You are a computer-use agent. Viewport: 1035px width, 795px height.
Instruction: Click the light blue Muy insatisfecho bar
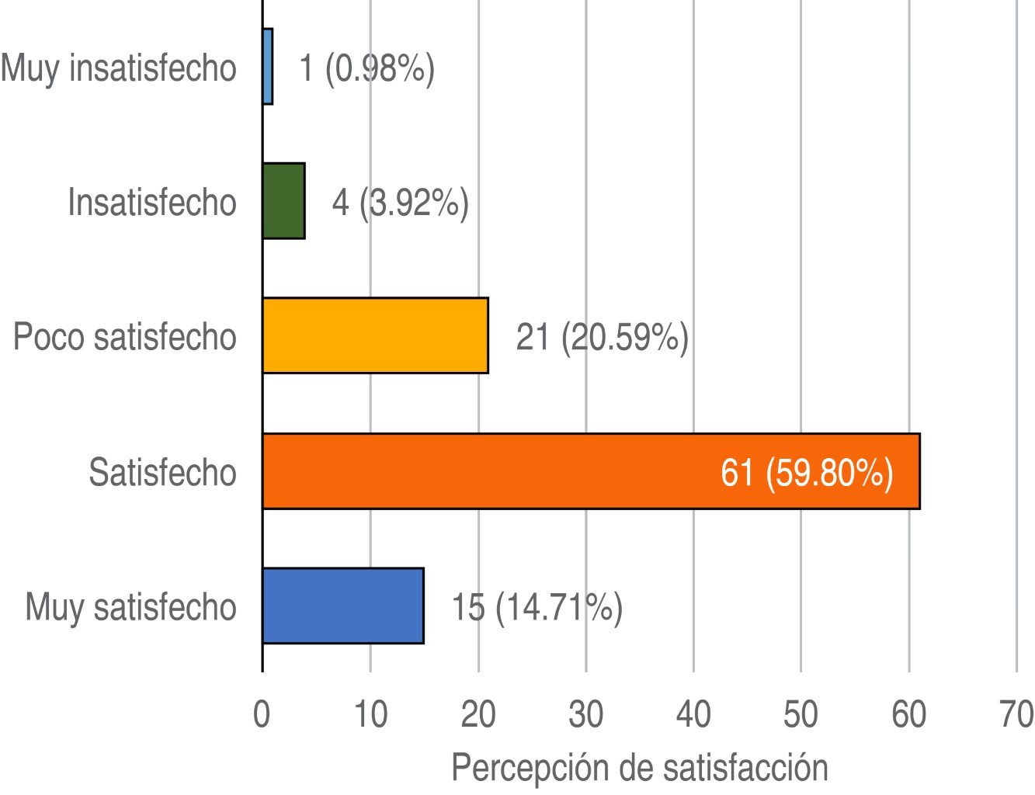click(x=268, y=67)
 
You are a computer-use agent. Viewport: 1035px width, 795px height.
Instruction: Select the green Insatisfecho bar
click(x=283, y=201)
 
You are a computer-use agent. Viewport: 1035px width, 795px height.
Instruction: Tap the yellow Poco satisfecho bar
click(x=375, y=335)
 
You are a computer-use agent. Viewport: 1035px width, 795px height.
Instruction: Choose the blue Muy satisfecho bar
click(x=342, y=606)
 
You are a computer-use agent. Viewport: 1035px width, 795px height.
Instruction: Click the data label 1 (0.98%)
click(x=366, y=68)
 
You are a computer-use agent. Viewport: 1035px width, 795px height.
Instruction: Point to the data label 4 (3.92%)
click(x=400, y=203)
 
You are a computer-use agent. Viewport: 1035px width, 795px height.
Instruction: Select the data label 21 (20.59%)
click(x=602, y=338)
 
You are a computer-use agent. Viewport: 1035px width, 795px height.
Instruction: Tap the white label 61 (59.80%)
click(x=806, y=472)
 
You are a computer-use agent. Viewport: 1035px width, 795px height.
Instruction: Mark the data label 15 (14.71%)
click(x=537, y=607)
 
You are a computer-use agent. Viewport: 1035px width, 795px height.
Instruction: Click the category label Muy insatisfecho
click(x=118, y=68)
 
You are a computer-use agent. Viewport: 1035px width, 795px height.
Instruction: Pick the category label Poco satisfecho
click(x=124, y=338)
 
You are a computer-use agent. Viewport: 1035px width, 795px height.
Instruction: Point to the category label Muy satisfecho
click(x=130, y=607)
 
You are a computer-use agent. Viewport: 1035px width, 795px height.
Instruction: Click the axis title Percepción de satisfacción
click(x=639, y=768)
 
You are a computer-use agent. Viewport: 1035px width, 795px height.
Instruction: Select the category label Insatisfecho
click(x=151, y=203)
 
